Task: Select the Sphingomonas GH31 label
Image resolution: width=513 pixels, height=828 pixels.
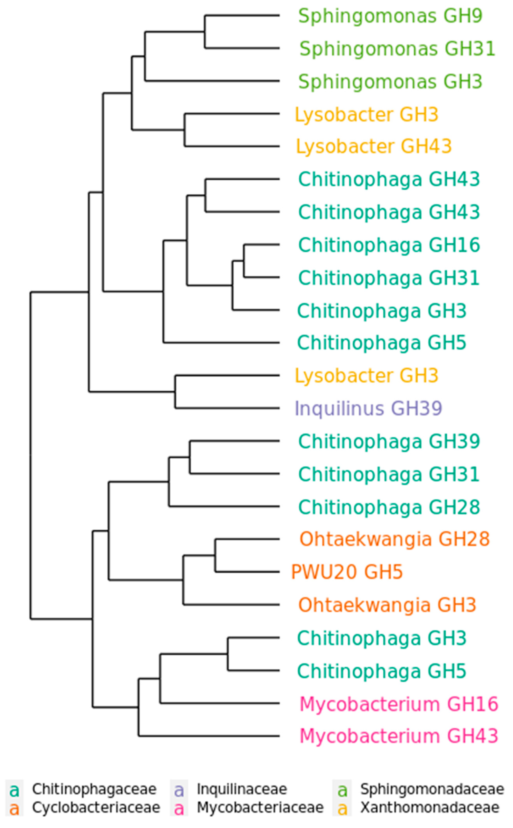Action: click(397, 48)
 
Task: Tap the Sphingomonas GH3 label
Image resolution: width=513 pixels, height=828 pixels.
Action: click(390, 81)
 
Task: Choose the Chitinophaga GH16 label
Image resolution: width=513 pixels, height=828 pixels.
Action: click(389, 245)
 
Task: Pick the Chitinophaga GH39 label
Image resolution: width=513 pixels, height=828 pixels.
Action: click(389, 441)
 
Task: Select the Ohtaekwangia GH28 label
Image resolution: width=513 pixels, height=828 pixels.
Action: click(395, 539)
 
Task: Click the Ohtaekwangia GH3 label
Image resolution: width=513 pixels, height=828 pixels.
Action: click(387, 605)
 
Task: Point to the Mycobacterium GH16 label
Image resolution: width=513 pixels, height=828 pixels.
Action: click(399, 704)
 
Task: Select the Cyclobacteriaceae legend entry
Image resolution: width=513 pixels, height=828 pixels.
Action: click(96, 808)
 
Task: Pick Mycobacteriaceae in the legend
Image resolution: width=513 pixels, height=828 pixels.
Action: click(260, 808)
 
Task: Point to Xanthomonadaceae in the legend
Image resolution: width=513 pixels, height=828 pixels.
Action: click(429, 808)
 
